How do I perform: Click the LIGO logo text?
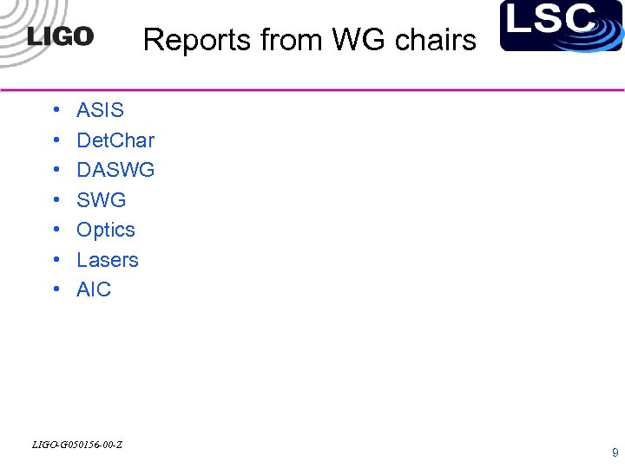pos(60,36)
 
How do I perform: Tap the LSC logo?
pos(562,25)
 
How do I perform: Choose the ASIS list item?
pos(100,110)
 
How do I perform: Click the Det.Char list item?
pos(115,140)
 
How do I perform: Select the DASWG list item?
pos(115,170)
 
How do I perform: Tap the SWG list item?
pos(101,200)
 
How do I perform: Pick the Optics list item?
pos(106,230)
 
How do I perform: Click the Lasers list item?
pos(108,260)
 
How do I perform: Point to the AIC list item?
pos(94,289)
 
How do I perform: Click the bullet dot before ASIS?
pos(56,111)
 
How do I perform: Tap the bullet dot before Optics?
pos(56,231)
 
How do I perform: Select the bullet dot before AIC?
pos(56,290)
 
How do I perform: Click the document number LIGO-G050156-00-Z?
pos(76,445)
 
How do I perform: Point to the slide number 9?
pos(615,452)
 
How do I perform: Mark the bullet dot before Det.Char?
pos(56,141)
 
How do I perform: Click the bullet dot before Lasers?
pos(56,261)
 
